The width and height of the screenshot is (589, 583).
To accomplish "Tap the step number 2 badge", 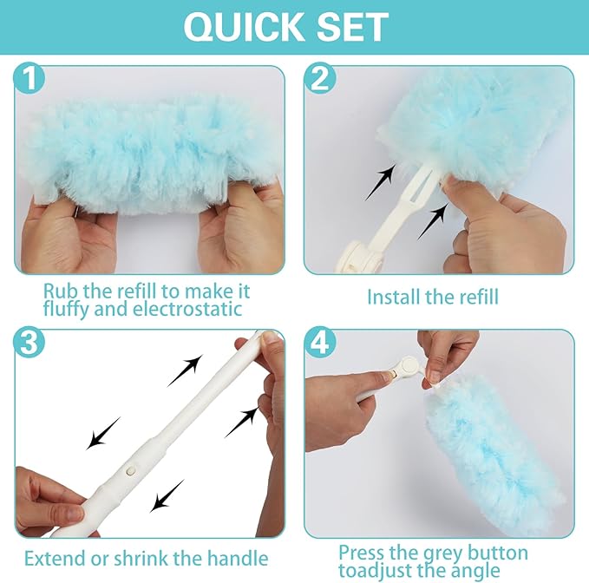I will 320,82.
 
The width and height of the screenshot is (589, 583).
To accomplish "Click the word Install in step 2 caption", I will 395,297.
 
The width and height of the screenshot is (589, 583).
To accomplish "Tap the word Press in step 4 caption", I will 362,553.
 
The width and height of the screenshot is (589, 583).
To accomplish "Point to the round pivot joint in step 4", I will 404,368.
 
